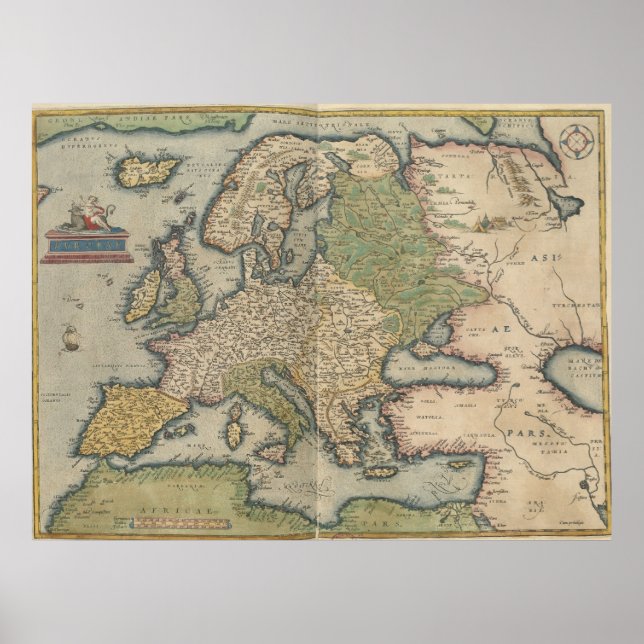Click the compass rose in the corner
(x=576, y=141)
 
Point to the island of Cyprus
(x=468, y=456)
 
